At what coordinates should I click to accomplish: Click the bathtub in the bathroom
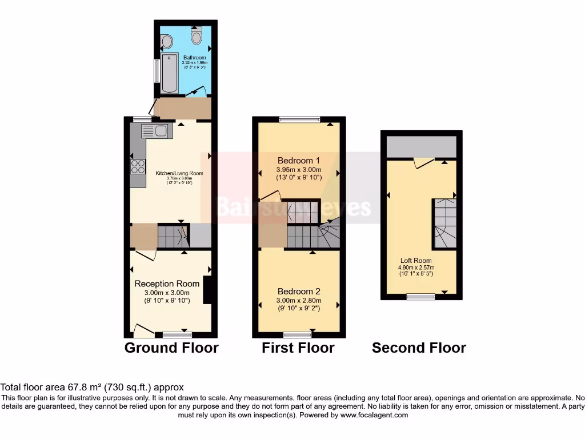[170, 73]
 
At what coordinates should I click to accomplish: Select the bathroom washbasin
[167, 41]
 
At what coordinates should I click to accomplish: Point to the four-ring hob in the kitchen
[138, 166]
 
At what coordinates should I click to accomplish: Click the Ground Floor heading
[171, 348]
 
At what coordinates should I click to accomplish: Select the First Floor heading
[298, 348]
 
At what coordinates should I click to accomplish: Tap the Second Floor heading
[419, 348]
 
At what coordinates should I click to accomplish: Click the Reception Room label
[167, 284]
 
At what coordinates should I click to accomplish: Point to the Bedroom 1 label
[299, 160]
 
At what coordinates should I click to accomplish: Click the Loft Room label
[416, 261]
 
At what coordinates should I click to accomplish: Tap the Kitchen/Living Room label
[179, 173]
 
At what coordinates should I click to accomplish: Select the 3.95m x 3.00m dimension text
[299, 169]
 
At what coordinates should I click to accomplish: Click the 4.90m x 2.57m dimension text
[416, 267]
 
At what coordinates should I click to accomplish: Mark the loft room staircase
[444, 223]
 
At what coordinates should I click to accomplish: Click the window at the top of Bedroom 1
[300, 119]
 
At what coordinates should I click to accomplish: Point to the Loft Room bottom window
[420, 296]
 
